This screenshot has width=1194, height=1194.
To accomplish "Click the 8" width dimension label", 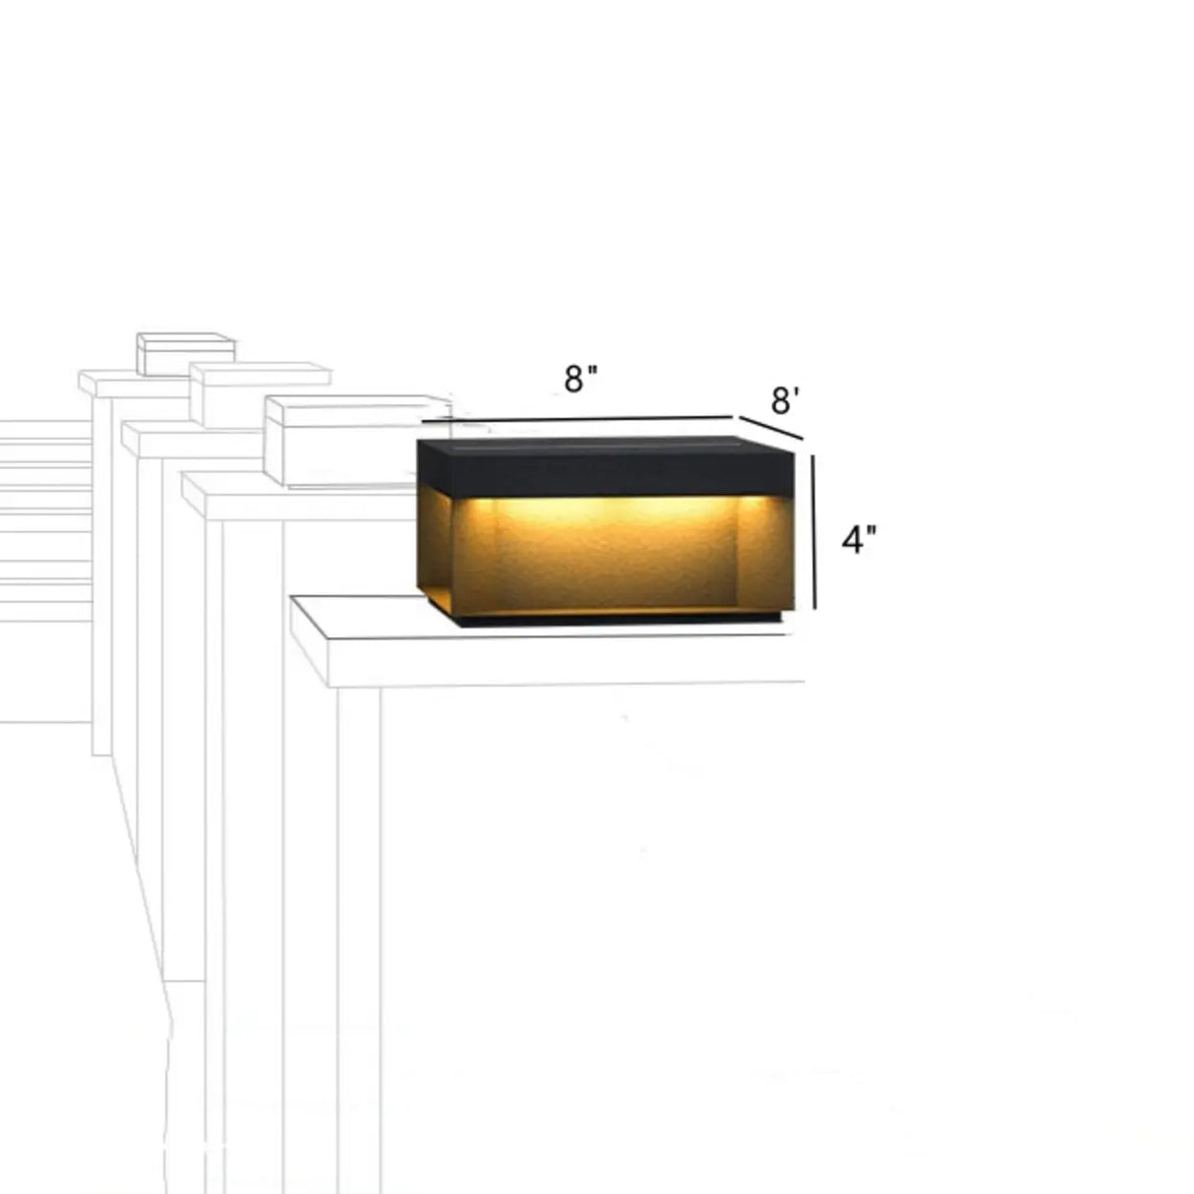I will [x=581, y=379].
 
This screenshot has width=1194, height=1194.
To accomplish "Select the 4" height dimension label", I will [x=859, y=539].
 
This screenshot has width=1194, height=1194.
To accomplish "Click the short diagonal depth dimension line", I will [x=772, y=428].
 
